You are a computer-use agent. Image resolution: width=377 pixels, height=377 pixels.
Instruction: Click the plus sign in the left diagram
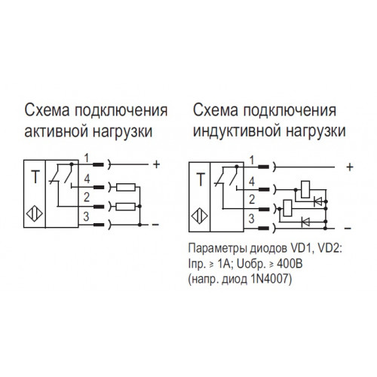click(x=156, y=164)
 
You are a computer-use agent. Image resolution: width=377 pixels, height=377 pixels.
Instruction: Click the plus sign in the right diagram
click(x=350, y=167)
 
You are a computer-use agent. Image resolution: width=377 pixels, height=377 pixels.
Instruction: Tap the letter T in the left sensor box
click(x=35, y=176)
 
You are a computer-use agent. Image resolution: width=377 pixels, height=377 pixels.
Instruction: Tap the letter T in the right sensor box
click(x=201, y=179)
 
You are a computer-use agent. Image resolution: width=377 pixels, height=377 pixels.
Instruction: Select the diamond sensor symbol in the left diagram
click(x=35, y=214)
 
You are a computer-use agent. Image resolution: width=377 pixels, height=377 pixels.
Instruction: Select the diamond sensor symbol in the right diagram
click(x=199, y=216)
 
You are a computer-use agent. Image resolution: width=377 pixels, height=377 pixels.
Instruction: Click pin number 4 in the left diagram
click(x=87, y=179)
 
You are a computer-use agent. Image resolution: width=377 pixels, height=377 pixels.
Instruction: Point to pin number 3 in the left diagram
click(x=86, y=216)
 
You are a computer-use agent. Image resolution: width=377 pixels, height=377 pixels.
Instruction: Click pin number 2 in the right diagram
click(x=252, y=199)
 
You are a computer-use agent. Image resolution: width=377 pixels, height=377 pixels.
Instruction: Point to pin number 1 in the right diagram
click(x=252, y=161)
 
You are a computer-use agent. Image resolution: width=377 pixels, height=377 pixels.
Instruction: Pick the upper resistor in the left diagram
click(x=126, y=187)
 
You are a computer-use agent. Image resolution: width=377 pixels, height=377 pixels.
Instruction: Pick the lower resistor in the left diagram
click(x=126, y=207)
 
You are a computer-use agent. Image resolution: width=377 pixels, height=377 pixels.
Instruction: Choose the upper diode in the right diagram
click(x=318, y=201)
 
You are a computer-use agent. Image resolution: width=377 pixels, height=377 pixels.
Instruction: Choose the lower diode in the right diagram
click(x=305, y=222)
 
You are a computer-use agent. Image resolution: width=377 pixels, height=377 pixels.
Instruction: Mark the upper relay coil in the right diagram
click(x=305, y=189)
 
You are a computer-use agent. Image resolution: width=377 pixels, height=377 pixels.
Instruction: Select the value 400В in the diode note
click(x=290, y=264)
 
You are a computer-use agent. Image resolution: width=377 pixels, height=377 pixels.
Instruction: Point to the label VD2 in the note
click(x=329, y=249)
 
